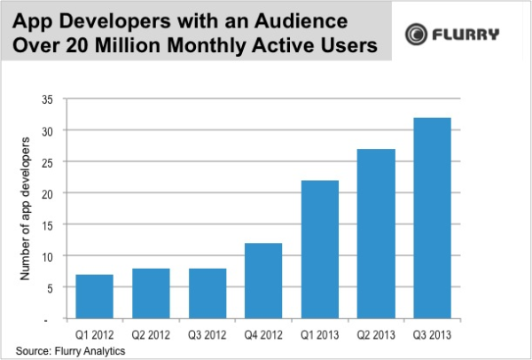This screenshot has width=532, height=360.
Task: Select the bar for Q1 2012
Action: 95,296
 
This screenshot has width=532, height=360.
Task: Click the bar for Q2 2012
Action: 152,293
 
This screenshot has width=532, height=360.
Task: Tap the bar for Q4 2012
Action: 264,280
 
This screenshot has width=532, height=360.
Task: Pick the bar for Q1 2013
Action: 320,249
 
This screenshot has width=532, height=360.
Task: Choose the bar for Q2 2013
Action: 377,234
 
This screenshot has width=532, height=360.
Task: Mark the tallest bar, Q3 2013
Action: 434,218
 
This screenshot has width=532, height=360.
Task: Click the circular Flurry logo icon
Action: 417,35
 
